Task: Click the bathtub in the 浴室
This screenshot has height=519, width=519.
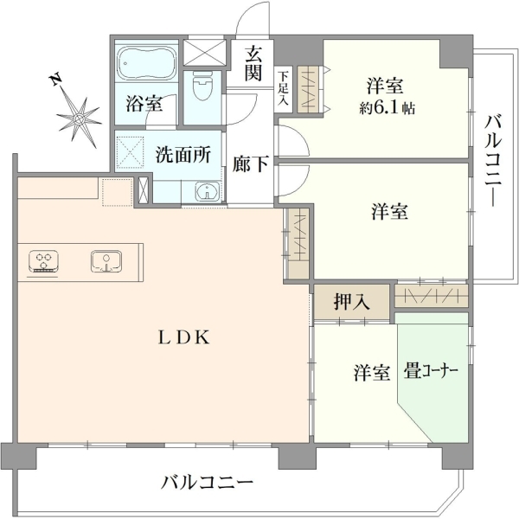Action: click(x=146, y=63)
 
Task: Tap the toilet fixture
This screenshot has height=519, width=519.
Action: click(x=203, y=86)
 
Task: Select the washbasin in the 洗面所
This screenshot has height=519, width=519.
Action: click(x=208, y=191)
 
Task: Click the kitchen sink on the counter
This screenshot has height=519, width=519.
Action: click(x=106, y=261)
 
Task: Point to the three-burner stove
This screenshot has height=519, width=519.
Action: click(x=44, y=261)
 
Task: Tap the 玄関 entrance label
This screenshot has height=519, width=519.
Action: click(x=253, y=63)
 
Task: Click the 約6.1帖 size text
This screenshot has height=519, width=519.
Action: click(x=387, y=108)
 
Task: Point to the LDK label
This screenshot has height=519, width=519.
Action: click(x=184, y=337)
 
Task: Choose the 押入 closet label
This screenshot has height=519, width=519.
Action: click(x=351, y=302)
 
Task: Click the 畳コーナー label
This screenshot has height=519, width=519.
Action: click(x=430, y=371)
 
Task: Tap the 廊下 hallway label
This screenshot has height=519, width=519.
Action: click(x=250, y=163)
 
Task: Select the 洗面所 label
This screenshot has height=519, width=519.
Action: click(x=183, y=154)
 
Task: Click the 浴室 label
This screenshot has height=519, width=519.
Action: click(x=144, y=104)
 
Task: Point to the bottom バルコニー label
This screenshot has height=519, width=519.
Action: click(x=207, y=483)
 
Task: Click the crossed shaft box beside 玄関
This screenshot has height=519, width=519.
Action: click(x=204, y=53)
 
